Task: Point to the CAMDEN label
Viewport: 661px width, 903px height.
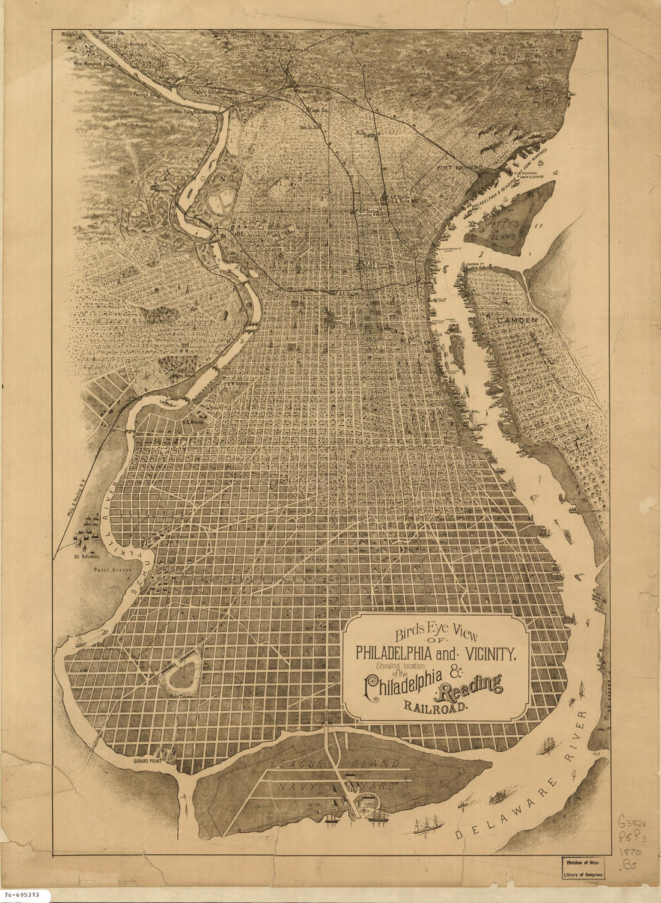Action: pos(517,321)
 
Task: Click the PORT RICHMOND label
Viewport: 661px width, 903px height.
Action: pos(460,167)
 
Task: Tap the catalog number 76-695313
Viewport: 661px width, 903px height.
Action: pos(21,895)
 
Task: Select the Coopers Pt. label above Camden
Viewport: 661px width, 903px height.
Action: pos(474,264)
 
